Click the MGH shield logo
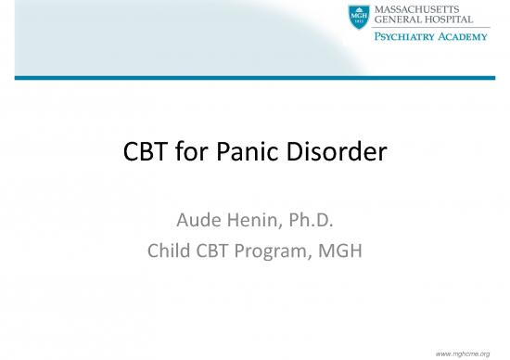pos(358,17)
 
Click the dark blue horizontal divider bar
pos(255,78)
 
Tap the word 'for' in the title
pos(198,152)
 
